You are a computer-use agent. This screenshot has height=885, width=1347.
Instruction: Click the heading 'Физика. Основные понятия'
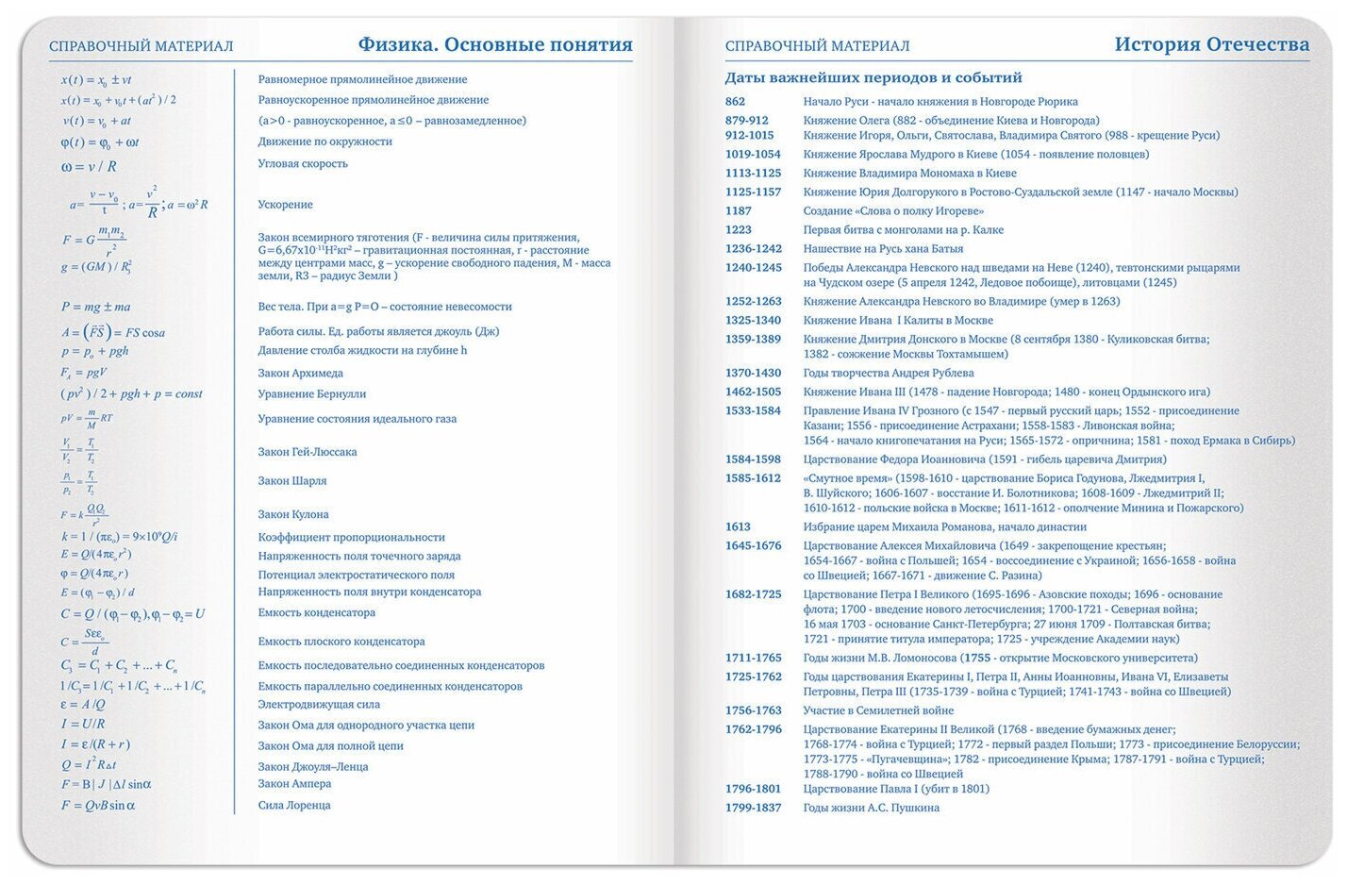pyautogui.click(x=494, y=45)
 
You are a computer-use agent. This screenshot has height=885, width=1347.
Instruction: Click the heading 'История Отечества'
pyautogui.click(x=1211, y=44)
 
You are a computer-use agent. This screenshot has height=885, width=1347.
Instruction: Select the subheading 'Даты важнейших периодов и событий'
pyautogui.click(x=873, y=78)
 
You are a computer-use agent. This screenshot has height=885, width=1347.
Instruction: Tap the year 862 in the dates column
pyautogui.click(x=735, y=102)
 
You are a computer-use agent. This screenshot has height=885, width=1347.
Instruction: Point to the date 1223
pyautogui.click(x=739, y=230)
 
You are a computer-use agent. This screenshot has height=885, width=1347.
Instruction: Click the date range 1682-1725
pyautogui.click(x=753, y=595)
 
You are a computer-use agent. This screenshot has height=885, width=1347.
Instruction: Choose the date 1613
pyautogui.click(x=738, y=527)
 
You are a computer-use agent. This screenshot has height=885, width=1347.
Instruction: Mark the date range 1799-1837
pyautogui.click(x=753, y=808)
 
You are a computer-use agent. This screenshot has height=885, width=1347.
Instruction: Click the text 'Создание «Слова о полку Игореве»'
pyautogui.click(x=893, y=211)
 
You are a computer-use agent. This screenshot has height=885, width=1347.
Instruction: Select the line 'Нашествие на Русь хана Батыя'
pyautogui.click(x=883, y=249)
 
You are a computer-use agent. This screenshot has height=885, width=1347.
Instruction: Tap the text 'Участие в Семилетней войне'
pyautogui.click(x=878, y=710)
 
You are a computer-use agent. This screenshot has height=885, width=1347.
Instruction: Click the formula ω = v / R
pyautogui.click(x=89, y=167)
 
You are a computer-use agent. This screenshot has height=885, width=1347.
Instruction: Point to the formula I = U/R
pyautogui.click(x=83, y=725)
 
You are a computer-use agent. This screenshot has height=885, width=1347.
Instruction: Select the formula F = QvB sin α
pyautogui.click(x=98, y=806)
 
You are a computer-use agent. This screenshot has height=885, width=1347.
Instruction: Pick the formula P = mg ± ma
pyautogui.click(x=96, y=307)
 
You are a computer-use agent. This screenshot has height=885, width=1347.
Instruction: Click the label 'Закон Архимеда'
pyautogui.click(x=301, y=374)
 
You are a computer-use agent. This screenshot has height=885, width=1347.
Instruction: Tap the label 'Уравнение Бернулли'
pyautogui.click(x=312, y=394)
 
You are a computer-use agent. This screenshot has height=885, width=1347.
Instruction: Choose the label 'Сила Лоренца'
pyautogui.click(x=294, y=806)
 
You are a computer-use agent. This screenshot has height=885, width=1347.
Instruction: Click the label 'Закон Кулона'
pyautogui.click(x=293, y=515)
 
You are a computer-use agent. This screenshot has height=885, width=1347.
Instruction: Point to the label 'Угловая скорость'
pyautogui.click(x=303, y=164)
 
